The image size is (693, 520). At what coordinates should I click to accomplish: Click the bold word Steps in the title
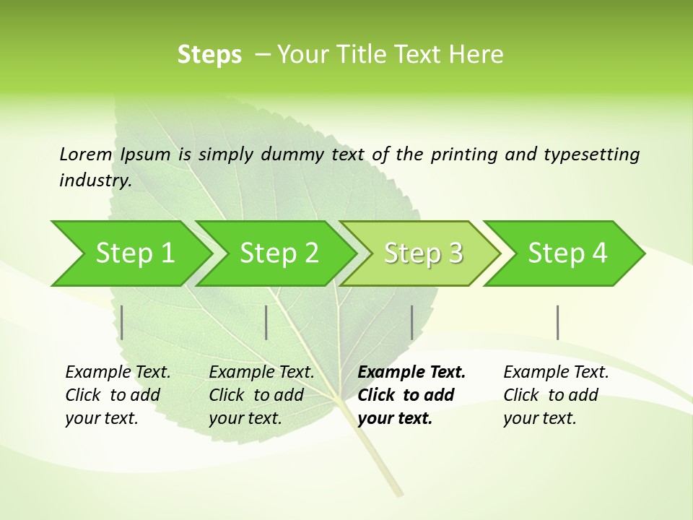[x=209, y=55]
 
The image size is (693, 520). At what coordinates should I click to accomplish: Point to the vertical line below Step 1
[x=122, y=322]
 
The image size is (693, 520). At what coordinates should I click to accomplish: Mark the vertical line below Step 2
[x=266, y=322]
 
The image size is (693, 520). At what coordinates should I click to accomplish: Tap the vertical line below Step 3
[x=411, y=322]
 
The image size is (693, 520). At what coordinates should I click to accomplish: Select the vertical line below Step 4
[x=558, y=322]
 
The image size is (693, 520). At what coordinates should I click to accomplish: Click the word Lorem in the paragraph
[x=86, y=155]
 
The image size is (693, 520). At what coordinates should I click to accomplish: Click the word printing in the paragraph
[x=464, y=155]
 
